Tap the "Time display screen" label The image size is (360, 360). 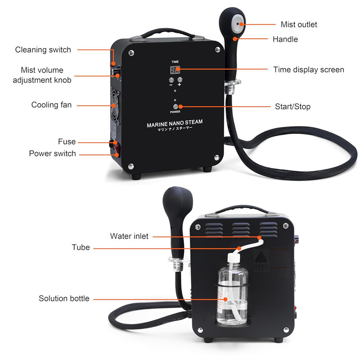click(x=309, y=70)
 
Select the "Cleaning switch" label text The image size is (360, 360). click(x=43, y=49)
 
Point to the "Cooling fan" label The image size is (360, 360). click(x=51, y=105)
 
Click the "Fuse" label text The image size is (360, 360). click(x=67, y=142)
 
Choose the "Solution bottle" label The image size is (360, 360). click(x=64, y=298)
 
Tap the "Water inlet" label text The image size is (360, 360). click(x=129, y=236)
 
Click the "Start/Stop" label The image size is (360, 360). click(x=292, y=107)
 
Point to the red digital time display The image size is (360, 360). click(x=175, y=70)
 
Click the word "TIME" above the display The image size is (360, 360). click(x=175, y=61)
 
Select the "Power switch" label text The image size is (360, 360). click(x=52, y=153)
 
